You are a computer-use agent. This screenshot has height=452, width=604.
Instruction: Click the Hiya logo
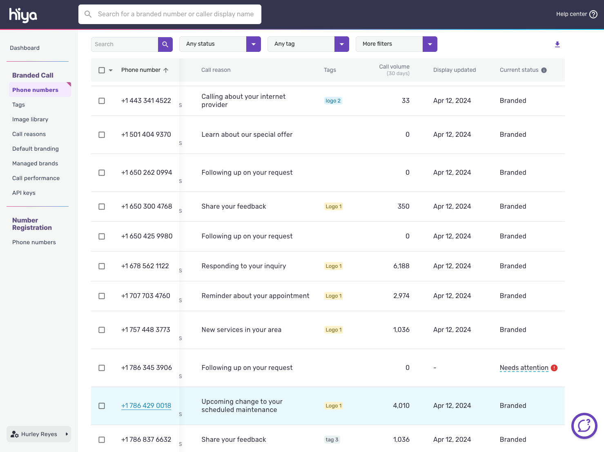tap(23, 15)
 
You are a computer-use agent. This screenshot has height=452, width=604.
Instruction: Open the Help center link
tap(576, 14)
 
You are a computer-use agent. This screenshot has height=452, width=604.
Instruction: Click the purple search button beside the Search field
tap(165, 44)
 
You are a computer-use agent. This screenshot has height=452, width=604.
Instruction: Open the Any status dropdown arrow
tap(253, 44)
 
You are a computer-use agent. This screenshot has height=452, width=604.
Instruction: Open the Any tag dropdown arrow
tap(341, 44)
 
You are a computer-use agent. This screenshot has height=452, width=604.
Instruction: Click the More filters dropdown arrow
tap(430, 44)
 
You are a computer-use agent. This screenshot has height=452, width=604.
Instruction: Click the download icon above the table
tap(557, 44)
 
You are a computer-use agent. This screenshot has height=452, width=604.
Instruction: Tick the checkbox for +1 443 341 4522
tap(102, 101)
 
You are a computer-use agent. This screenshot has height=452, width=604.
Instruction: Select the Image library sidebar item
tap(30, 119)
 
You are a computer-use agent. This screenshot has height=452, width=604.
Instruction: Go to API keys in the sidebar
tap(24, 193)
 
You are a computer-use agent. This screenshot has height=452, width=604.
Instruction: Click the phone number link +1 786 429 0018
tap(146, 405)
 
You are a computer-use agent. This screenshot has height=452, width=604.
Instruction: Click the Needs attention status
tap(524, 368)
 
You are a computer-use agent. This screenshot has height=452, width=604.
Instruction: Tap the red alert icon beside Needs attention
tap(554, 368)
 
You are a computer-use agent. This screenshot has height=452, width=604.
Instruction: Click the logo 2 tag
tap(333, 101)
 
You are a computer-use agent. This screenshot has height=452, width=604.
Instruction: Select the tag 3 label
tap(332, 440)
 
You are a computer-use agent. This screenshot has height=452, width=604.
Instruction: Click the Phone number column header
tap(141, 70)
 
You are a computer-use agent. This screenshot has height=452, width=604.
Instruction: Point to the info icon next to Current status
tap(544, 70)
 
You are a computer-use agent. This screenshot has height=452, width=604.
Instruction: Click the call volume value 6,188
tap(401, 266)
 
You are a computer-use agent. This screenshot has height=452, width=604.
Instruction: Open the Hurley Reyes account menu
tap(39, 434)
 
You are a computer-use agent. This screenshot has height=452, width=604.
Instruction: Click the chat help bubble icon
tap(584, 426)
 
